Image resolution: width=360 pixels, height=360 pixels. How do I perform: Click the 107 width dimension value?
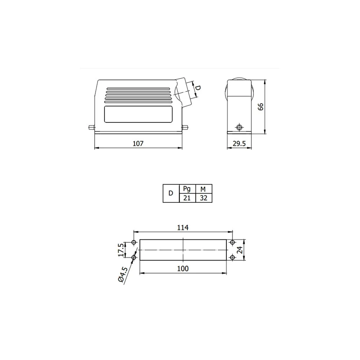pyautogui.click(x=138, y=144)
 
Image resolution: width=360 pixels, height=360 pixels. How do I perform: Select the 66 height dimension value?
pyautogui.click(x=261, y=107)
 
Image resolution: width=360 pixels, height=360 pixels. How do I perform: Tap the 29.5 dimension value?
pyautogui.click(x=239, y=144)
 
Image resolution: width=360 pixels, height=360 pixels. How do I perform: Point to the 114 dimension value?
pyautogui.click(x=183, y=228)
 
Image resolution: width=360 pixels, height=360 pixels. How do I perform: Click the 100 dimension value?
pyautogui.click(x=183, y=269)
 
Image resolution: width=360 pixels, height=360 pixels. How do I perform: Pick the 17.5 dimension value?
pyautogui.click(x=121, y=250)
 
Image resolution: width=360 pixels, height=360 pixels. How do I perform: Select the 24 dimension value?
pyautogui.click(x=240, y=250)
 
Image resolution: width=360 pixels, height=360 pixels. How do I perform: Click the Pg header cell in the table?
pyautogui.click(x=187, y=189)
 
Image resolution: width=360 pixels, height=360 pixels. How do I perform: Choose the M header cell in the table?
pyautogui.click(x=204, y=189)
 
